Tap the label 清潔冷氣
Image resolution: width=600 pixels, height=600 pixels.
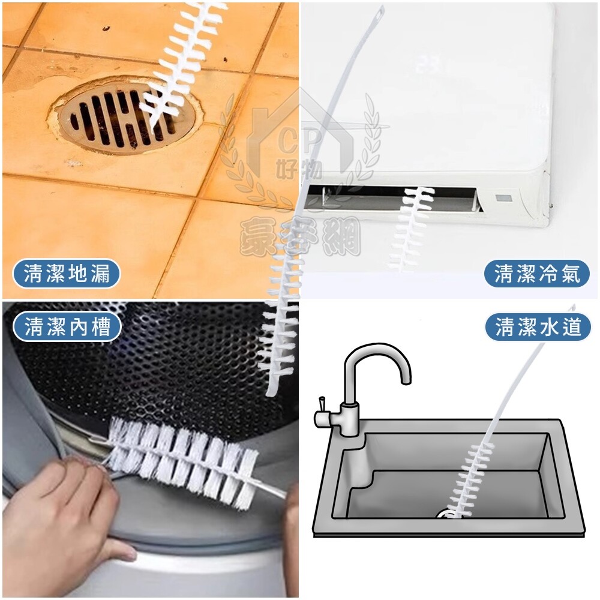tap(537, 274)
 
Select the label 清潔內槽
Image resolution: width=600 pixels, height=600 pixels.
tap(67, 327)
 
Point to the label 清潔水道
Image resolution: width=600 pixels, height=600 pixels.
tap(538, 327)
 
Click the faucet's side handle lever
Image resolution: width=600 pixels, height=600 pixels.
tap(322, 406)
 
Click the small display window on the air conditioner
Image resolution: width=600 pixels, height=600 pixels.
tap(503, 198)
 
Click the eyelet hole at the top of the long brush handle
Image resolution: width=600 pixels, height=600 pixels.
tap(380, 13)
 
